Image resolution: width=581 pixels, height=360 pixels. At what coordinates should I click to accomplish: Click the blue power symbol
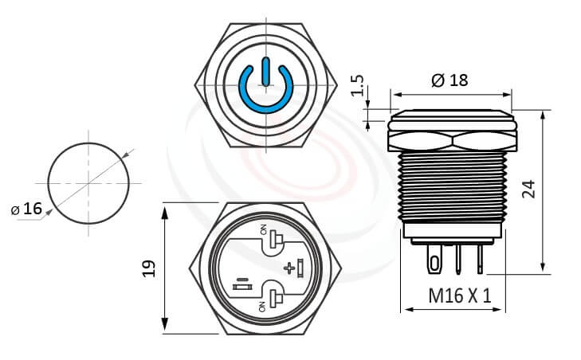pyautogui.click(x=264, y=87)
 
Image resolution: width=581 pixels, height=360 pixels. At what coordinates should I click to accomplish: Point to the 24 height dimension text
pyautogui.click(x=527, y=189)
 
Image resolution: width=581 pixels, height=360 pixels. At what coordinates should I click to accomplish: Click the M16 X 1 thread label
pyautogui.click(x=459, y=295)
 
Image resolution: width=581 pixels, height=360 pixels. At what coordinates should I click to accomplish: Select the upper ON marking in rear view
pyautogui.click(x=263, y=230)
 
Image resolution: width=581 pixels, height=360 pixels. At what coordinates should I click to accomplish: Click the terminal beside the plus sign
pyautogui.click(x=300, y=268)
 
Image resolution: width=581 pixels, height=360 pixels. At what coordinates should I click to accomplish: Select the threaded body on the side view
pyautogui.click(x=451, y=187)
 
